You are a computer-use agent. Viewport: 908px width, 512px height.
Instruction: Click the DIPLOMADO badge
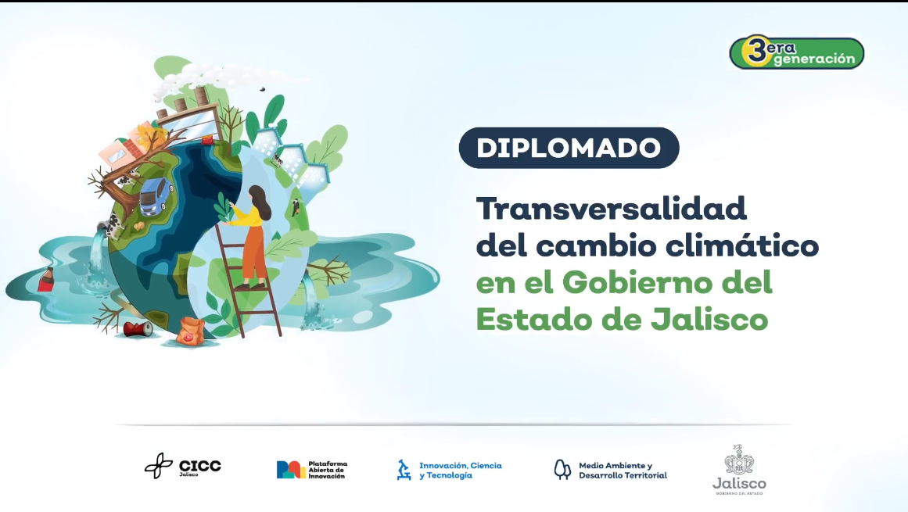tap(569, 148)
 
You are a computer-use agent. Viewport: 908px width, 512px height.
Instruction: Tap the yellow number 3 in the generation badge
tap(755, 52)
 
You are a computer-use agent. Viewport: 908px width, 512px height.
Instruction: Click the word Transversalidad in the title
tap(612, 209)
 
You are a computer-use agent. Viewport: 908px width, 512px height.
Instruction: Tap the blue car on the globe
tap(156, 195)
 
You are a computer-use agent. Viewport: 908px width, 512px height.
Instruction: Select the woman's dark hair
tap(260, 199)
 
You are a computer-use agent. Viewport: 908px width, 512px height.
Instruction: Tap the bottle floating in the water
tap(46, 278)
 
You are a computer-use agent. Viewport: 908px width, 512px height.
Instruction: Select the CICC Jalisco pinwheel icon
tap(158, 466)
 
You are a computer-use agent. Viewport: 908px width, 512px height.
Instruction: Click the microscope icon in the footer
tap(404, 469)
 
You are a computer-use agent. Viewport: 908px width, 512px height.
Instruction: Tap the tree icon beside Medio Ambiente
tap(562, 469)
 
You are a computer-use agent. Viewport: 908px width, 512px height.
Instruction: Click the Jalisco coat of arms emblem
tap(738, 460)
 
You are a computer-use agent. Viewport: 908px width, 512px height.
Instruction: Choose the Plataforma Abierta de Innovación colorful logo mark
tap(291, 469)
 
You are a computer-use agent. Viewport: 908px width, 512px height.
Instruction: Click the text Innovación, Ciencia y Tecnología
tap(460, 470)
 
